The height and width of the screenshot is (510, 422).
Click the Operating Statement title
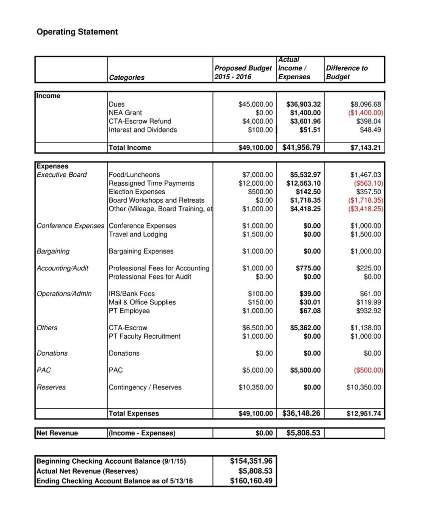(77, 32)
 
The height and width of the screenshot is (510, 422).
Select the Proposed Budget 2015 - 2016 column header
(243, 72)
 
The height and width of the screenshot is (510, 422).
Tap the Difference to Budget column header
(347, 72)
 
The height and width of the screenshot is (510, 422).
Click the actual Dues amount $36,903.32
(303, 105)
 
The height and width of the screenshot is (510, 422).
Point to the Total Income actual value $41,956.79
(301, 147)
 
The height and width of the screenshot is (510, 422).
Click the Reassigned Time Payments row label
(152, 183)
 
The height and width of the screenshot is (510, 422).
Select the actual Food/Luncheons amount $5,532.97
(305, 175)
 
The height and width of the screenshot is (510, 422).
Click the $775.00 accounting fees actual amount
(308, 268)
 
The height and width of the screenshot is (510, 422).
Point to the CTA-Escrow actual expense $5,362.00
(305, 328)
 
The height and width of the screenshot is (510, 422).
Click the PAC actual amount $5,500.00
(305, 371)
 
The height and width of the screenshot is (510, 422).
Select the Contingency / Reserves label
(145, 387)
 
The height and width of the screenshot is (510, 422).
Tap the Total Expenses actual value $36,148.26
(301, 413)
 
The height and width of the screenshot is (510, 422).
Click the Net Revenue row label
(57, 433)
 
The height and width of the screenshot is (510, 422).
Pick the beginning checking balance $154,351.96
(251, 461)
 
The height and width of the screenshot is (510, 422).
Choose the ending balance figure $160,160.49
(251, 481)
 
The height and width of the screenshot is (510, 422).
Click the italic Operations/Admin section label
(64, 294)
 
